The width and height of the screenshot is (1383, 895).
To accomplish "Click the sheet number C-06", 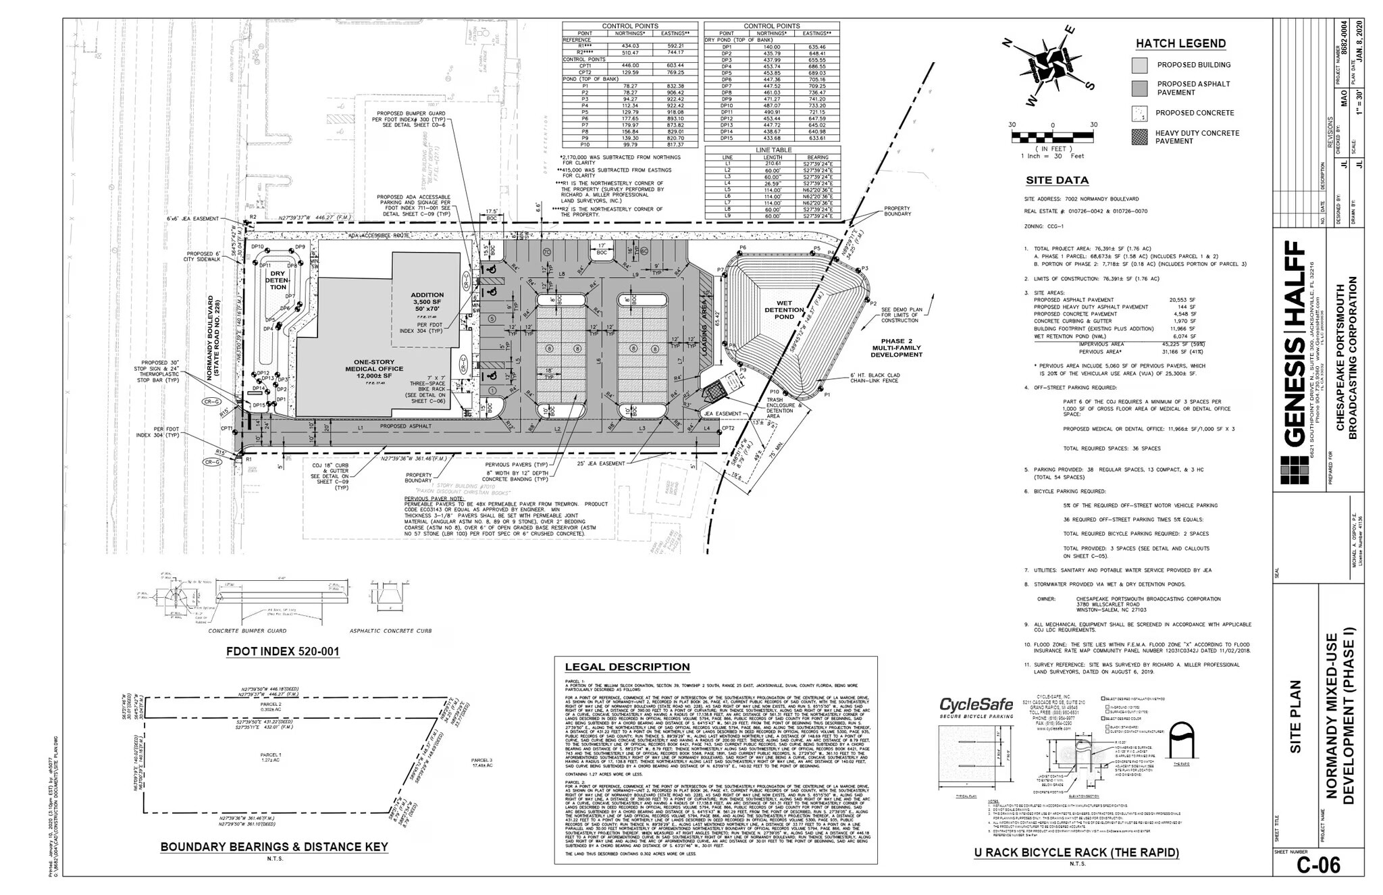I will pyautogui.click(x=1317, y=865).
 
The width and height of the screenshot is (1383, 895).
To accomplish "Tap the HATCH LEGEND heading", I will pyautogui.click(x=1180, y=44).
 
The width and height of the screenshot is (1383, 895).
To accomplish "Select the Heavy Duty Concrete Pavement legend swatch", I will pyautogui.click(x=1139, y=137).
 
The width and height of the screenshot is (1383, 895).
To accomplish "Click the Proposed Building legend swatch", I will pyautogui.click(x=1139, y=66).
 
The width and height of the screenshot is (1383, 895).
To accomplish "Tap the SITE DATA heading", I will pyautogui.click(x=1057, y=180).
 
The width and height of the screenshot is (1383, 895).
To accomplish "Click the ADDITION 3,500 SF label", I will pyautogui.click(x=427, y=299).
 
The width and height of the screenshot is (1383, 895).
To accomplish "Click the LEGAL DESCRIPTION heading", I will pyautogui.click(x=627, y=667).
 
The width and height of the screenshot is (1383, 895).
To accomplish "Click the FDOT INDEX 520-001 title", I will pyautogui.click(x=282, y=653).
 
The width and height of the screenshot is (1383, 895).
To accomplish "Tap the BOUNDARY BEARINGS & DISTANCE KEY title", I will pyautogui.click(x=273, y=847).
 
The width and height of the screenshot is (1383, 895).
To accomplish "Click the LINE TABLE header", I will pyautogui.click(x=773, y=150).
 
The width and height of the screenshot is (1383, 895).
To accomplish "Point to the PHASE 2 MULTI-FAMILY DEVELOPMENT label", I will pyautogui.click(x=896, y=348).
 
